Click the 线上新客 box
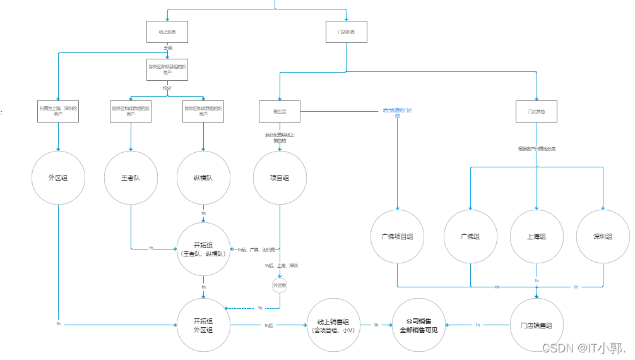167,32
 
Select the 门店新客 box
346,32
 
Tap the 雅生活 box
280,111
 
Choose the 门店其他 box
537,111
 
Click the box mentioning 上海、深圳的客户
58,111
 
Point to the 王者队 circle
131,177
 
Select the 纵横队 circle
203,177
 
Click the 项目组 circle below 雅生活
280,177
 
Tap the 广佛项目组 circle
397,236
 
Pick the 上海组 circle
537,236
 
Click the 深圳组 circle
603,236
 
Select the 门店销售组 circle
537,325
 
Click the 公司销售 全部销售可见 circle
418,325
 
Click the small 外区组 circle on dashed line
279,285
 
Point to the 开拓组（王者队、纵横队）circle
203,249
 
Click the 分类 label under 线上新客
167,48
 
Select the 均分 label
167,88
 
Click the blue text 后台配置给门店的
397,113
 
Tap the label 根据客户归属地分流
537,149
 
